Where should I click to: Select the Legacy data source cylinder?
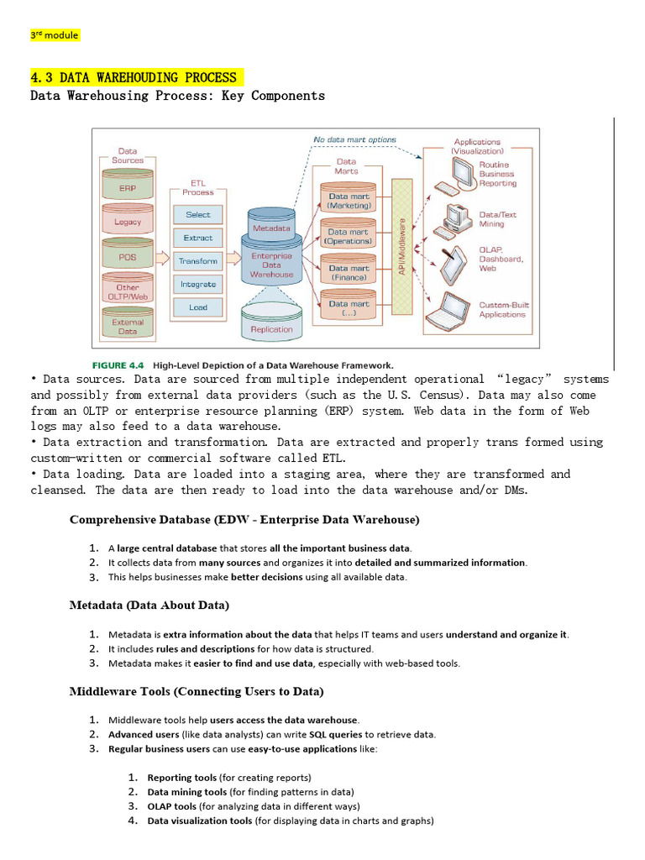click(x=128, y=222)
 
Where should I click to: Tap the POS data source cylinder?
click(x=128, y=256)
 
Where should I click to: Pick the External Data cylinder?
click(x=128, y=326)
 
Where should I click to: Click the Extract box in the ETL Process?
click(x=198, y=238)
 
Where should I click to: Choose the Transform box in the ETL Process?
click(x=198, y=261)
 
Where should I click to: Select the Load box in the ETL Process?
click(x=198, y=307)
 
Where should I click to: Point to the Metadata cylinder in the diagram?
click(x=271, y=228)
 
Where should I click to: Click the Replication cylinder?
click(x=271, y=328)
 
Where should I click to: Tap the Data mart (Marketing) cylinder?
click(x=349, y=201)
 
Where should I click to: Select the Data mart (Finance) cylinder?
click(x=349, y=272)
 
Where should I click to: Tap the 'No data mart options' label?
click(x=354, y=139)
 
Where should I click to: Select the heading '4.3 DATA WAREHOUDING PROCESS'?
click(x=134, y=77)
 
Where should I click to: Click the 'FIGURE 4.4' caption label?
click(x=118, y=365)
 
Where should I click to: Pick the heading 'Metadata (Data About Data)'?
click(x=149, y=605)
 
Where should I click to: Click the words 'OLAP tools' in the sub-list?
click(x=172, y=806)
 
